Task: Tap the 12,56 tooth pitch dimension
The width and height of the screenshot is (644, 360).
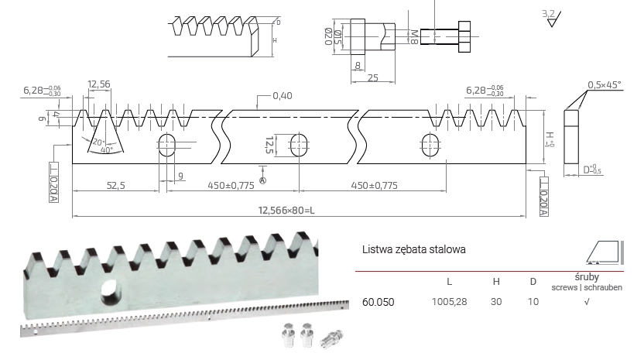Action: [100, 84]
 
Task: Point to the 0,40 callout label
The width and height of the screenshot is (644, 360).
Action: [282, 96]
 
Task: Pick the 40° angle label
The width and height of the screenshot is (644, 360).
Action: [107, 150]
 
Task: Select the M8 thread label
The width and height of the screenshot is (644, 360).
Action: [414, 36]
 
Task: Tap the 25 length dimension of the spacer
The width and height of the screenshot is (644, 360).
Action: [373, 78]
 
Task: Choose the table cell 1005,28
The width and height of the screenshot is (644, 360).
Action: [448, 300]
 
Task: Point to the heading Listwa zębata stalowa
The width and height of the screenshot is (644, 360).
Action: [413, 250]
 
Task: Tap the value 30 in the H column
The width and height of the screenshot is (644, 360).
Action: [495, 300]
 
